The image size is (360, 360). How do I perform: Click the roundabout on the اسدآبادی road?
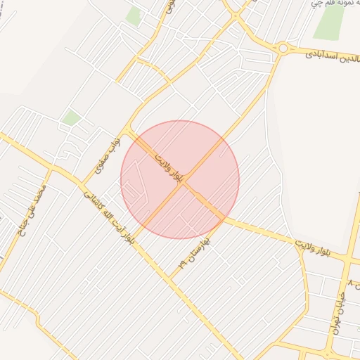pyautogui.click(x=283, y=48)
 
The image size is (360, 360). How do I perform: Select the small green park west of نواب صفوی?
pyautogui.click(x=71, y=117)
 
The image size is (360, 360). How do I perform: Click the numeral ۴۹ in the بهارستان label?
pyautogui.click(x=184, y=264)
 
